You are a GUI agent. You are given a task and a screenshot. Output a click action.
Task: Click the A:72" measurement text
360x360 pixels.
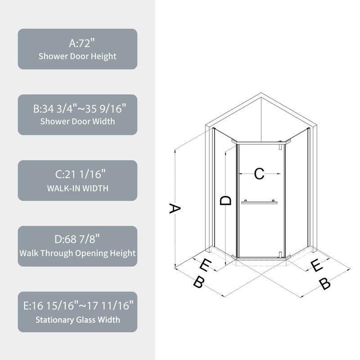[77, 43]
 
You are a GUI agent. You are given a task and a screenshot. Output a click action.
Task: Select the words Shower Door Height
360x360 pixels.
[77, 56]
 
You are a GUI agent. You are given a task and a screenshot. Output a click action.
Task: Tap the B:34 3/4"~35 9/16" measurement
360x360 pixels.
[77, 109]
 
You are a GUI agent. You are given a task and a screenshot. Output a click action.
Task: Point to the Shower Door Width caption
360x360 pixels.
[77, 121]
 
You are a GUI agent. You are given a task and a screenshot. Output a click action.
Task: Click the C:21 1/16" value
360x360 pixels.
[77, 175]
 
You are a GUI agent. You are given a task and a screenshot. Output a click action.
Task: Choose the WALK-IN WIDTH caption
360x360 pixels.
[77, 188]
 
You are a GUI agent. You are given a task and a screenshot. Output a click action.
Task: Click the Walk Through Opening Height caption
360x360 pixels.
[77, 253]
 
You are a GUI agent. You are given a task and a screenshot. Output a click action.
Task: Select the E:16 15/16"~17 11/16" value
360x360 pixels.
[77, 306]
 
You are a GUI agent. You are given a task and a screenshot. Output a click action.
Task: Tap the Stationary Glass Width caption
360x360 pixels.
[77, 320]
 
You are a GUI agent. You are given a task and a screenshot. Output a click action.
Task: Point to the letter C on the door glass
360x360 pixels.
[259, 174]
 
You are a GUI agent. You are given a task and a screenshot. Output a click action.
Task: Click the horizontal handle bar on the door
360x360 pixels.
[259, 202]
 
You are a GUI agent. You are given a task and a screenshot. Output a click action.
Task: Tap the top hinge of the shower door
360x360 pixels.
[280, 146]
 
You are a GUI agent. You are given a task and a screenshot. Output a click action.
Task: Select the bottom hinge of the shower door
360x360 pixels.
[280, 255]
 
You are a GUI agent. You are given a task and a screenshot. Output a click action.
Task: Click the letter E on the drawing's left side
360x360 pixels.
[205, 265]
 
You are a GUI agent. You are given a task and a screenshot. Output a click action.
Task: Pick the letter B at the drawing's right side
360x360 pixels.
[324, 284]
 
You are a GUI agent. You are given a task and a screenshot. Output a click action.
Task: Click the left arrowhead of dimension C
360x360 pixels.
[240, 174]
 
